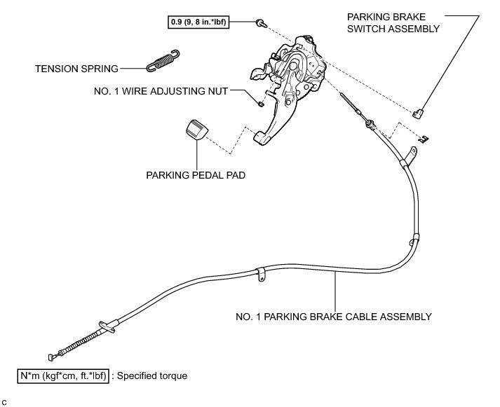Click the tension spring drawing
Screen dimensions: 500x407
163,60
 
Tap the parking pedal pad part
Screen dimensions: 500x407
197,130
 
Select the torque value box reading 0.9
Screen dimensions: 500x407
198,22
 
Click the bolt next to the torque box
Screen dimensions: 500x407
262,23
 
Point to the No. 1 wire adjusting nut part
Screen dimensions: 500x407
261,104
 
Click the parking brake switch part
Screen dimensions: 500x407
418,113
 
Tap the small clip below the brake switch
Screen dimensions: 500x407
424,139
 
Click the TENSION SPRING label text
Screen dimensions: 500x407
76,69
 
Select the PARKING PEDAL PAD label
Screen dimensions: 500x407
196,175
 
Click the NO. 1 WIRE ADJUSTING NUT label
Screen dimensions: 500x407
161,91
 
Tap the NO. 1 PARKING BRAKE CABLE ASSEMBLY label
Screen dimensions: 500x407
334,317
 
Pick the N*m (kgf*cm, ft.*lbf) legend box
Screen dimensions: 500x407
63,375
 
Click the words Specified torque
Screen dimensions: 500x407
151,375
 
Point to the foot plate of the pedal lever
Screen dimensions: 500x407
262,137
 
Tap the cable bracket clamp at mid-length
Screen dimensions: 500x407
261,275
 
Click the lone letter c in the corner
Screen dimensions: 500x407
4,403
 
